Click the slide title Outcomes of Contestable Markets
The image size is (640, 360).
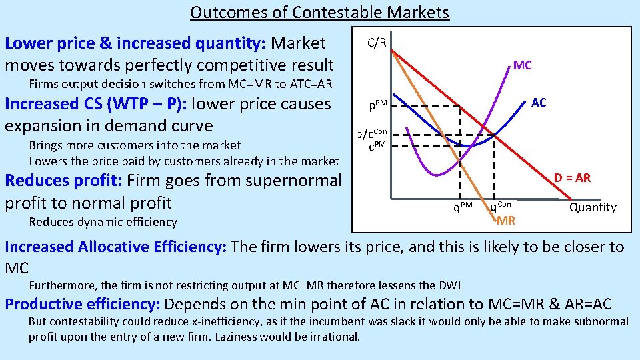(x=319, y=12)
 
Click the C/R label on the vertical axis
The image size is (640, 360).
(x=377, y=43)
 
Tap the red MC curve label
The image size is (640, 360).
(x=522, y=65)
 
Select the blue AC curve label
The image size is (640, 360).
(x=539, y=102)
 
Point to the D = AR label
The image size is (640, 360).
(x=572, y=178)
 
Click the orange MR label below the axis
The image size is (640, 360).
(x=506, y=221)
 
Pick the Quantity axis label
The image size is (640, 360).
(x=593, y=207)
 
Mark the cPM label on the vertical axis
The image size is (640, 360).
(x=377, y=146)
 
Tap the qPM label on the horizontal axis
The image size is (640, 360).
(x=463, y=207)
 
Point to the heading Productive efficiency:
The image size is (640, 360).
(x=83, y=305)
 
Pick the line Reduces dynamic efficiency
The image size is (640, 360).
(x=103, y=222)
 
